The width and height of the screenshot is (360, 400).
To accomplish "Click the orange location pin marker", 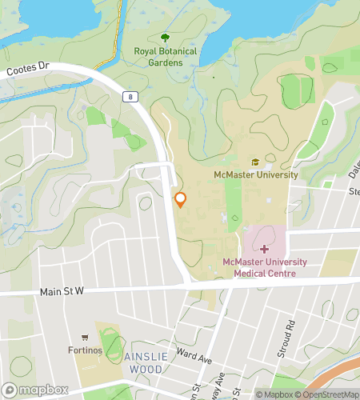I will (x=181, y=200).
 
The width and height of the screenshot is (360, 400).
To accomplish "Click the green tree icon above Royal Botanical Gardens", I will (x=166, y=38).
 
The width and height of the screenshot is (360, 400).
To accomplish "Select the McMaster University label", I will (x=255, y=174).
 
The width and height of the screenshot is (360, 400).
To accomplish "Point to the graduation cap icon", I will (x=256, y=162).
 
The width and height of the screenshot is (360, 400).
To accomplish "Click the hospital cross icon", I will (x=264, y=250).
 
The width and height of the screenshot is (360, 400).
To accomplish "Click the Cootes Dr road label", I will (x=29, y=71).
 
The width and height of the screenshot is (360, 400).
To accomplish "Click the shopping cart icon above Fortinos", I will (x=85, y=338).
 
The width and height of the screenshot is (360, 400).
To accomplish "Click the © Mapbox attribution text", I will (x=275, y=394).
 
